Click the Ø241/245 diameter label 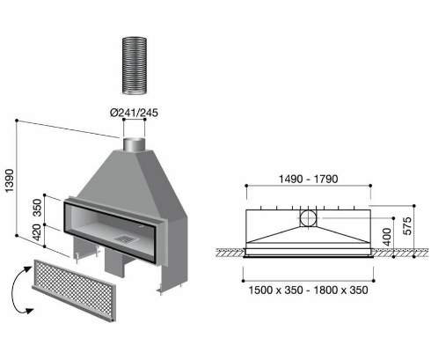134,113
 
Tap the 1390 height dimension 10,180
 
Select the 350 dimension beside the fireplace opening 37,208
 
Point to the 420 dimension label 37,232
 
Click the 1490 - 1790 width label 308,179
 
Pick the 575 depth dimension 407,226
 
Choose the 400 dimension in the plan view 387,237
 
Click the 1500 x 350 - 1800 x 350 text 308,290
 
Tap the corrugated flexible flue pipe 135,65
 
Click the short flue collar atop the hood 134,144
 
